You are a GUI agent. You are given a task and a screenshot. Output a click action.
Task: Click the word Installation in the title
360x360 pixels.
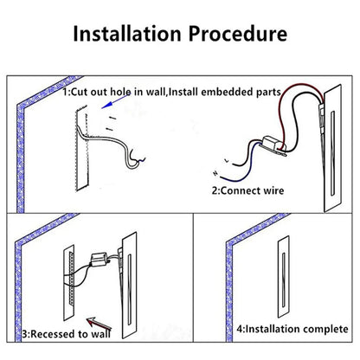click(x=127, y=34)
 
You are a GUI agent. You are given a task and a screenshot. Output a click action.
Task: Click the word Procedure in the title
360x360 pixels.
click(x=238, y=34)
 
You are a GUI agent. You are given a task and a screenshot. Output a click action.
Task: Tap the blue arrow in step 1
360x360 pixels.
click(x=115, y=101)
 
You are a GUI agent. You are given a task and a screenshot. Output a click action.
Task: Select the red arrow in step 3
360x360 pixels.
click(x=99, y=324)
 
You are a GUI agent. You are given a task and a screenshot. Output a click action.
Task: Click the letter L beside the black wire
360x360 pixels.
click(x=227, y=160)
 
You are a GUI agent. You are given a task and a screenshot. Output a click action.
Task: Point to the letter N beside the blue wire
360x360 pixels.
click(x=215, y=173)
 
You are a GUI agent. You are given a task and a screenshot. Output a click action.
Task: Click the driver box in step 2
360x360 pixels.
click(x=273, y=145)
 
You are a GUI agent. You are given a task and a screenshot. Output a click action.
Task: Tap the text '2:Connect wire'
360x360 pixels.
click(x=247, y=190)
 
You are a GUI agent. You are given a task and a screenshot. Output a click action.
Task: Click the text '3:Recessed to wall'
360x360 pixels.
click(x=67, y=334)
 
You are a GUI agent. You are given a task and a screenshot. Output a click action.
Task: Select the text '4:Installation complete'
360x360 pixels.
click(x=292, y=329)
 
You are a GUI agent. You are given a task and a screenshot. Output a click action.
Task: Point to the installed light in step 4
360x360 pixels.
click(x=284, y=277)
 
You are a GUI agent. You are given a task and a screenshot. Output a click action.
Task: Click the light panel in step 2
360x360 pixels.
click(x=332, y=148)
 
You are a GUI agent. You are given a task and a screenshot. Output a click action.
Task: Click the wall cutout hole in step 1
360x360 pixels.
click(x=82, y=150)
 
